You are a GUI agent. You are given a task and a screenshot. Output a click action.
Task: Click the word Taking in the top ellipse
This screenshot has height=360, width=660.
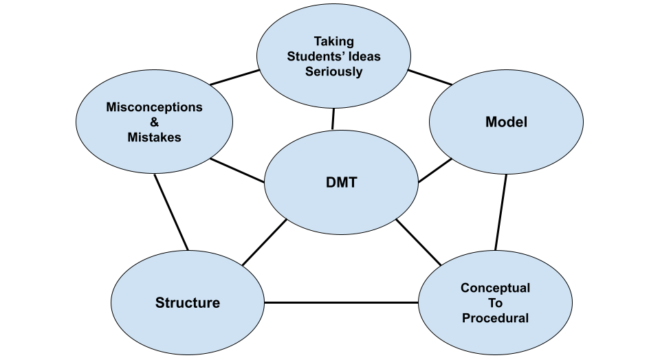tap(333, 41)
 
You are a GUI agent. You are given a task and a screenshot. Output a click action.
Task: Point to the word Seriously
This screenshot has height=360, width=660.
tap(333, 71)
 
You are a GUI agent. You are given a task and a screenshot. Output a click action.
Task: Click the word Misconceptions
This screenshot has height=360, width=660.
tap(154, 107)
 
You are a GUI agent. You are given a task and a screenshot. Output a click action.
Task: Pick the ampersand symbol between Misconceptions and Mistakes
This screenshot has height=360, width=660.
tap(154, 122)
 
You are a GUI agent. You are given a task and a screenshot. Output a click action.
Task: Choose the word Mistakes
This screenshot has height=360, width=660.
tap(154, 137)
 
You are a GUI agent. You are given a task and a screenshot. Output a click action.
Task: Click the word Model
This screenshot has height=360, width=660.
tap(506, 122)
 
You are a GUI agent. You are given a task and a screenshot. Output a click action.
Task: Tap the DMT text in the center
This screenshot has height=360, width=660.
tap(341, 184)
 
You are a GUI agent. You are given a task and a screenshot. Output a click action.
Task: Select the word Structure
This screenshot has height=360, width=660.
tap(187, 303)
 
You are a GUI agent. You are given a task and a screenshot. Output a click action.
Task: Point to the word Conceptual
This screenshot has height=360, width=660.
tap(495, 288)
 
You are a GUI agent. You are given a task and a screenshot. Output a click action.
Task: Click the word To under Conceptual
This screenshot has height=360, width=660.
tap(495, 303)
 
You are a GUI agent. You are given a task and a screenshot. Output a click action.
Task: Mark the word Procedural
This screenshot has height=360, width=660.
tap(495, 318)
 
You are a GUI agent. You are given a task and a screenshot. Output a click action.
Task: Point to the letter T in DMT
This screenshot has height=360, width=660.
tap(352, 184)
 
